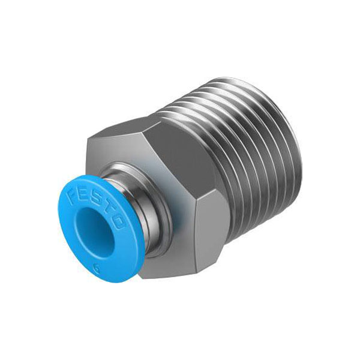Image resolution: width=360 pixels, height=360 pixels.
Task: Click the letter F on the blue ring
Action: click(x=73, y=192)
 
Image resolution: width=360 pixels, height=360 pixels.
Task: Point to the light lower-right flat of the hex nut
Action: click(x=211, y=232)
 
